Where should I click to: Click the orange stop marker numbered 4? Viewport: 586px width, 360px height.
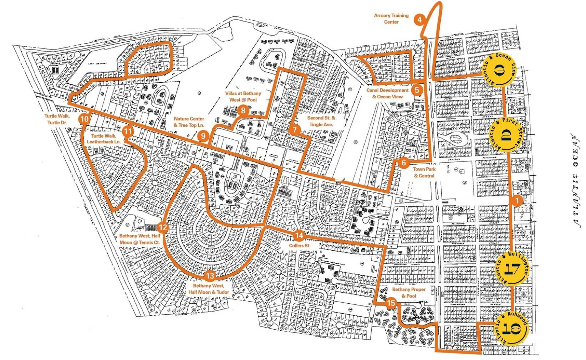pyautogui.click(x=420, y=20)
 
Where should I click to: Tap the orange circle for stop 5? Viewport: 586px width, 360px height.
pyautogui.click(x=417, y=90)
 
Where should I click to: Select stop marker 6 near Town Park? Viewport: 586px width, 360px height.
pyautogui.click(x=404, y=163)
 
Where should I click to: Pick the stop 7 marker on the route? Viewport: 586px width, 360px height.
pyautogui.click(x=294, y=129)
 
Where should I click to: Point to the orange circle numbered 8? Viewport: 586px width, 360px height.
pyautogui.click(x=243, y=110)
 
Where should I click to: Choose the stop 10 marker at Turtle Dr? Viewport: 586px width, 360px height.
pyautogui.click(x=84, y=119)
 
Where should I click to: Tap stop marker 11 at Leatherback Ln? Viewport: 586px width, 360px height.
pyautogui.click(x=128, y=132)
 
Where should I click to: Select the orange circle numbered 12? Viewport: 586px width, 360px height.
pyautogui.click(x=163, y=227)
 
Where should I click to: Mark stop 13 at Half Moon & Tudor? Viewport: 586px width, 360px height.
pyautogui.click(x=210, y=276)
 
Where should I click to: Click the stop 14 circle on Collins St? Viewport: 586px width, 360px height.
pyautogui.click(x=299, y=236)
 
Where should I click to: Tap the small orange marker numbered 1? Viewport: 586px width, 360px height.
pyautogui.click(x=516, y=200)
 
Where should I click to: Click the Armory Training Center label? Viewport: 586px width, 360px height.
pyautogui.click(x=391, y=19)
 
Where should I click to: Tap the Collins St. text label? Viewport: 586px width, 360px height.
pyautogui.click(x=300, y=246)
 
